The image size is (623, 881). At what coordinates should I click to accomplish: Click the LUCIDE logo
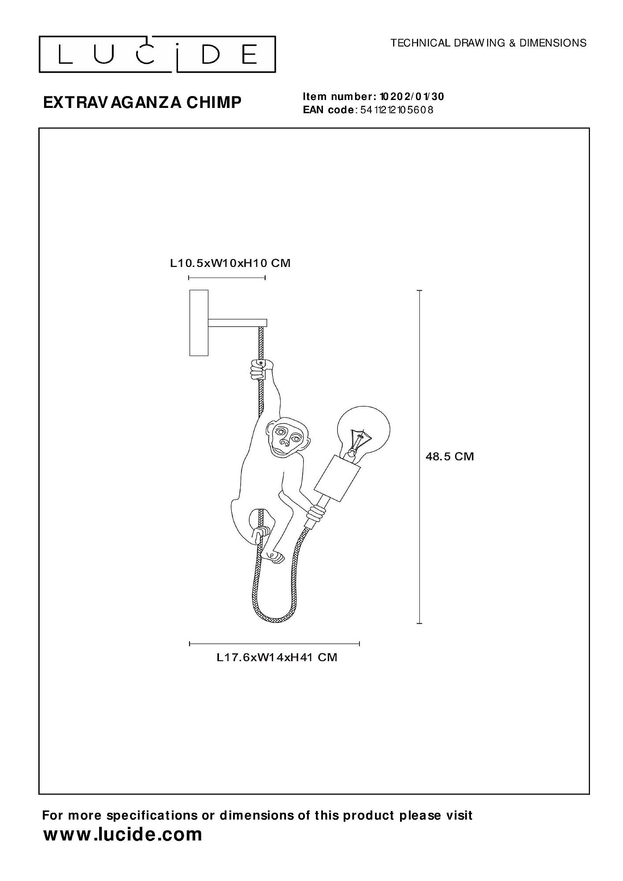coord(157,54)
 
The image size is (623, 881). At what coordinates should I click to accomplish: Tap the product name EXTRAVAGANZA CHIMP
coord(142,102)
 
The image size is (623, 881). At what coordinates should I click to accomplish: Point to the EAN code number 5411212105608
coord(397,110)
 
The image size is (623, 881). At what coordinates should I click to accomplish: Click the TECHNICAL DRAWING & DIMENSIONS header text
coord(489,43)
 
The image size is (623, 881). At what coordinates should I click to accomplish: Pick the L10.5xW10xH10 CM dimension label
coord(230,263)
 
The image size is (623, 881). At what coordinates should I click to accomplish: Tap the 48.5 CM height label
coord(449,456)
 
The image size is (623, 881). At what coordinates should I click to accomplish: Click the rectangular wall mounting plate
coord(199,322)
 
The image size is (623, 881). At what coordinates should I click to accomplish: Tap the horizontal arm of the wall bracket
coord(237,323)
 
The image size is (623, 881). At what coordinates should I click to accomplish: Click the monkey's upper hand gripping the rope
coord(261,369)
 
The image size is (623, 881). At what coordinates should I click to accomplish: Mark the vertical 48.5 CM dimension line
coord(419,457)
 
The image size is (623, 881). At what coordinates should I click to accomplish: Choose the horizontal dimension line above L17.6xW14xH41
coord(274,644)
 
